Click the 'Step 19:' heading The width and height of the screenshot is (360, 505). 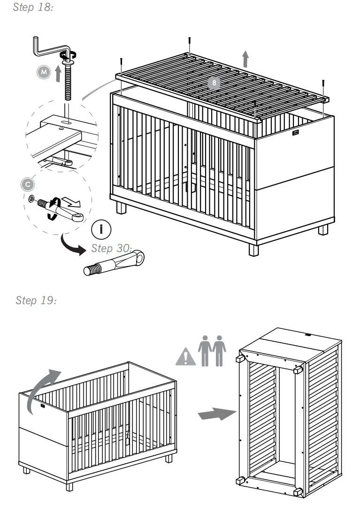tap(36, 300)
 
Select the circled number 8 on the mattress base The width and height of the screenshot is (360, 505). tap(214, 83)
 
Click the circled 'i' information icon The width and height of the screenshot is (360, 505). tap(103, 230)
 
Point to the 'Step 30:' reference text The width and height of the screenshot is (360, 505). tap(112, 248)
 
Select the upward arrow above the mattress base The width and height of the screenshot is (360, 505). tap(245, 60)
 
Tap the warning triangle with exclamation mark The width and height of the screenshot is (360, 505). tap(186, 357)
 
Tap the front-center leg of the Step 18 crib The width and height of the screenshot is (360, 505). tap(253, 249)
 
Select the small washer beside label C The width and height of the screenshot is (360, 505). tap(31, 199)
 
